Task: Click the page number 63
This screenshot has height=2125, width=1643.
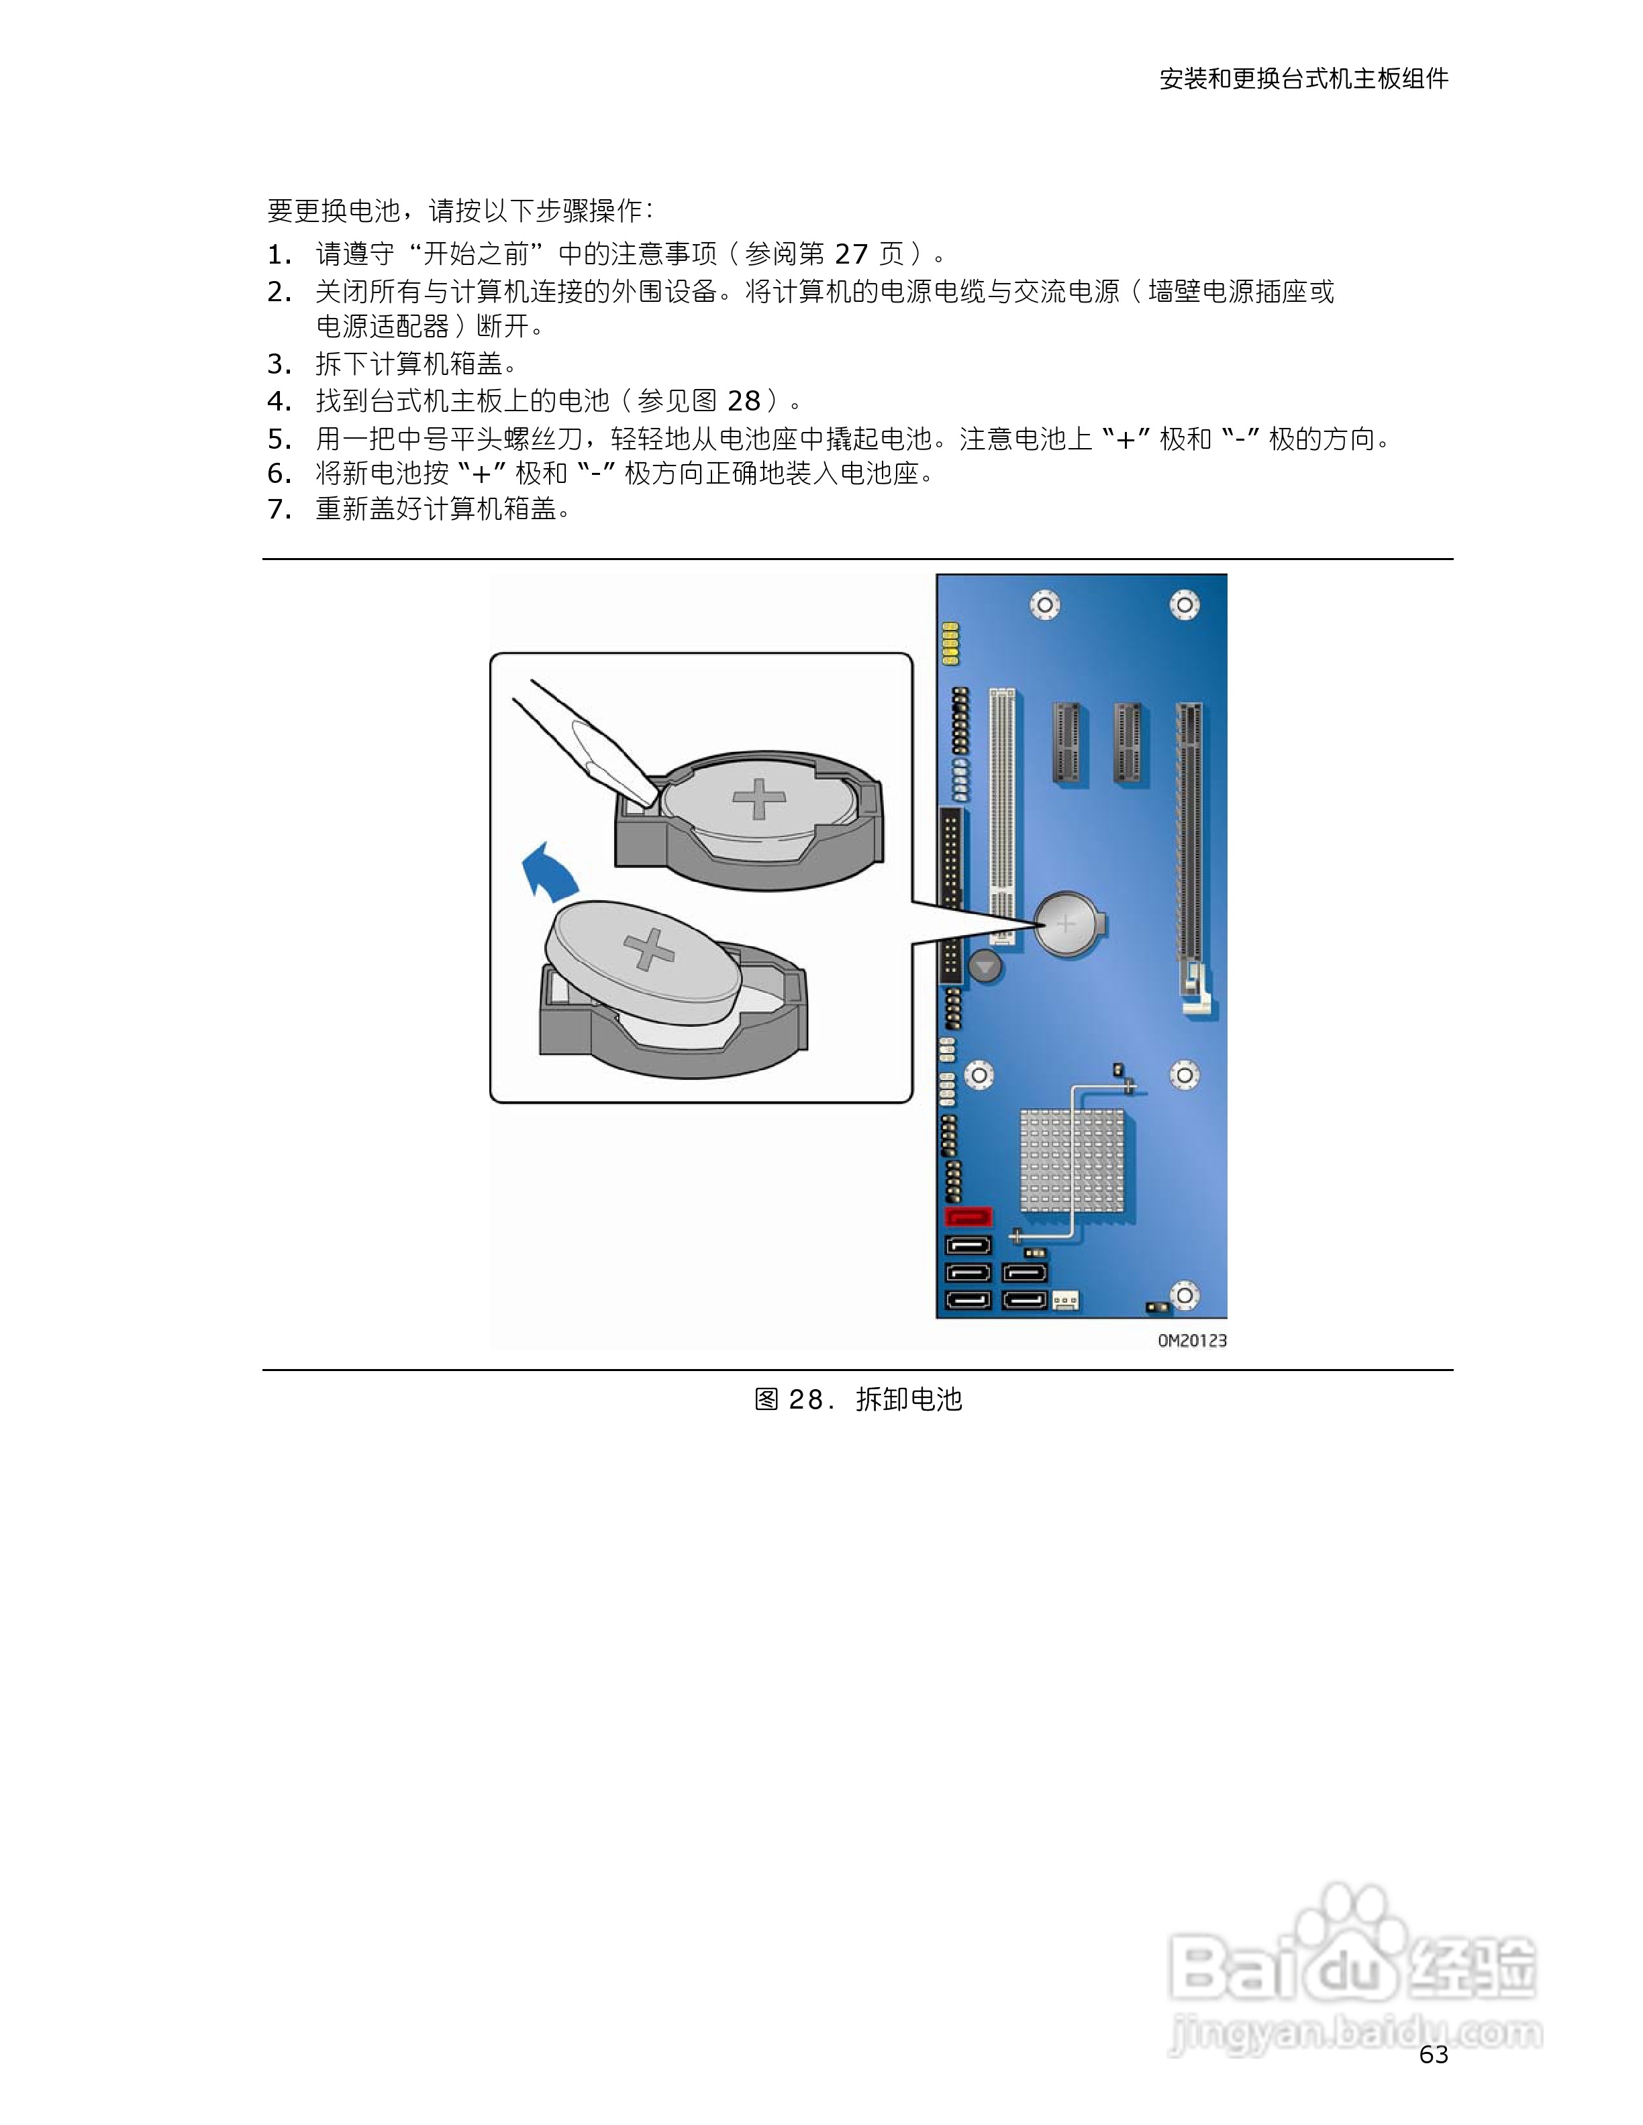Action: [1434, 2054]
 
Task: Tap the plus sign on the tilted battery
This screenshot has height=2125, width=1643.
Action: [648, 950]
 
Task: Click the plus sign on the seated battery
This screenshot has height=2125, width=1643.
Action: [759, 799]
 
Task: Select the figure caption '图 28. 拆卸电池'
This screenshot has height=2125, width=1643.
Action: [858, 1399]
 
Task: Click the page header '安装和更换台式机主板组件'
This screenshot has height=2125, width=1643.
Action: [1303, 78]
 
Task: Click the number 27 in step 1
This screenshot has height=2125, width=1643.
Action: [851, 254]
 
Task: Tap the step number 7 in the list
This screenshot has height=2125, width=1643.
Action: [279, 509]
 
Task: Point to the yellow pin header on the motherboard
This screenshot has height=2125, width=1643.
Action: [950, 644]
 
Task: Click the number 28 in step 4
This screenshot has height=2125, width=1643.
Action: [744, 401]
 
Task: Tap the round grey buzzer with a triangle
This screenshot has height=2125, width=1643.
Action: [986, 967]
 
